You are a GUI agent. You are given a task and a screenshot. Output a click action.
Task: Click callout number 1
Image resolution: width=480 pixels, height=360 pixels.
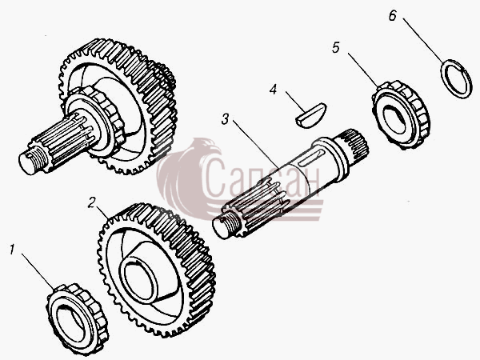click(x=12, y=250)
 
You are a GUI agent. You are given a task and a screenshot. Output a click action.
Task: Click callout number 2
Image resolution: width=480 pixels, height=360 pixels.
click(x=92, y=202)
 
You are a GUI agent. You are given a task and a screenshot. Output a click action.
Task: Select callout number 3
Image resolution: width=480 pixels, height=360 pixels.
click(x=226, y=119)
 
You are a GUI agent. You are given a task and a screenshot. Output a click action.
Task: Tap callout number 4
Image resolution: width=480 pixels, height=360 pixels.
click(x=273, y=90)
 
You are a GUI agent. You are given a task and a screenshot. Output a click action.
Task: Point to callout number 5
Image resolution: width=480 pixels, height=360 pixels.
click(x=336, y=48)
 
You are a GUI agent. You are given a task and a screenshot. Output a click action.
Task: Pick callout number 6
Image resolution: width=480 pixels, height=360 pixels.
click(x=393, y=15)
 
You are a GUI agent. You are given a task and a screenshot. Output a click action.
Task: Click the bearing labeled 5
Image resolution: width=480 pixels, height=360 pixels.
click(x=401, y=114)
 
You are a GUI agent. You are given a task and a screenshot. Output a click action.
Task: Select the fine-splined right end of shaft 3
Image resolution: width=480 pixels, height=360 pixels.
click(x=355, y=143)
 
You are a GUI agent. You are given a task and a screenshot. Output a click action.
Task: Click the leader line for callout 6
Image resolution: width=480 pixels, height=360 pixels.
click(x=423, y=41)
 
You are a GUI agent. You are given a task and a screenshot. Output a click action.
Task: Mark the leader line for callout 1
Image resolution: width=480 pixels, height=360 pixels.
click(x=38, y=271)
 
